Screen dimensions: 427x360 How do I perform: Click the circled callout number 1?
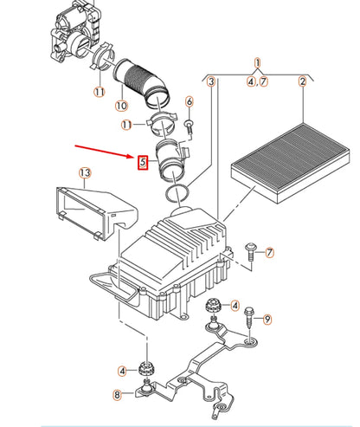[x=257, y=63]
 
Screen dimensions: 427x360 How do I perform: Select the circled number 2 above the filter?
[x=303, y=82]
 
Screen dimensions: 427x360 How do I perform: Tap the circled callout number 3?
[x=210, y=82]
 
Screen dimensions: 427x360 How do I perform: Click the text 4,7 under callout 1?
[x=257, y=81]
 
